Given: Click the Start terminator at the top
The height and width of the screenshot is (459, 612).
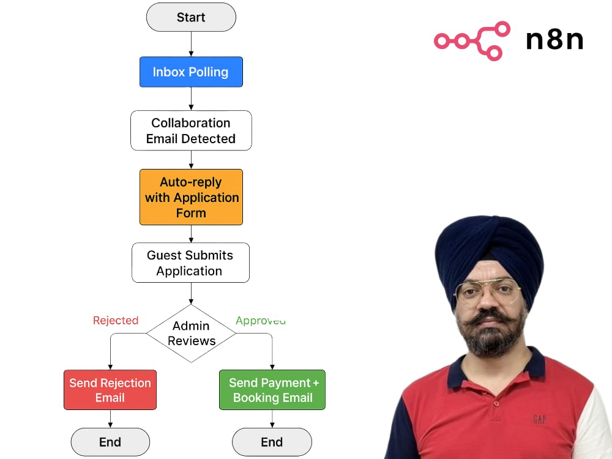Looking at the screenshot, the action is tap(191, 17).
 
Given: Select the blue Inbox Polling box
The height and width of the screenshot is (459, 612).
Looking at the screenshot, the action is tap(191, 72).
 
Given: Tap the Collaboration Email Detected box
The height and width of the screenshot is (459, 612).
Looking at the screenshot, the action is tap(191, 130).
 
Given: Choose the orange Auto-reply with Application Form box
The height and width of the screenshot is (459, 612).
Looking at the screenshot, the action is tap(191, 197).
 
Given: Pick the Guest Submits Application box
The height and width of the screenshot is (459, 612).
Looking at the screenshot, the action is tap(190, 263).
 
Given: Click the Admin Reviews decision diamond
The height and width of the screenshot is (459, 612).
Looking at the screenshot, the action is tap(191, 334).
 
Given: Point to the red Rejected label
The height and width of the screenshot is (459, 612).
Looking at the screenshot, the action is tap(116, 321).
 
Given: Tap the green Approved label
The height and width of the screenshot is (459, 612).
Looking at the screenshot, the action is tap(261, 321).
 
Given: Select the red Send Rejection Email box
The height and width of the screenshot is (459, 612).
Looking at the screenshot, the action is tap(110, 390).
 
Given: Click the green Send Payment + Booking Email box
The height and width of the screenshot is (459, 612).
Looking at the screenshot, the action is tap(272, 390).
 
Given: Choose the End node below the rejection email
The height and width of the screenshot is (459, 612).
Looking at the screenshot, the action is tap(110, 442).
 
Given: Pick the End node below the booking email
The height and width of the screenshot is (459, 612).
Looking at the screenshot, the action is tap(272, 442).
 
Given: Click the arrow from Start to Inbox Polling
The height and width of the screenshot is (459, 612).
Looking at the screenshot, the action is tap(191, 44).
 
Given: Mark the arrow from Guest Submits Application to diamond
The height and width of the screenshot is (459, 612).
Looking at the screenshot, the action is tap(191, 294).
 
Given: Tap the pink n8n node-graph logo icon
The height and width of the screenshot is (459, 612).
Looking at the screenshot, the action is tap(472, 41).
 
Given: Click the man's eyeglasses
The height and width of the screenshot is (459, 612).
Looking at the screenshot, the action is tap(488, 291).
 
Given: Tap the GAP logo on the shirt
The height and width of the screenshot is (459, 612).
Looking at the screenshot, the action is tap(539, 420).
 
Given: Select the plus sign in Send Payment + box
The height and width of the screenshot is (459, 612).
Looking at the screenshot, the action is tap(316, 383).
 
